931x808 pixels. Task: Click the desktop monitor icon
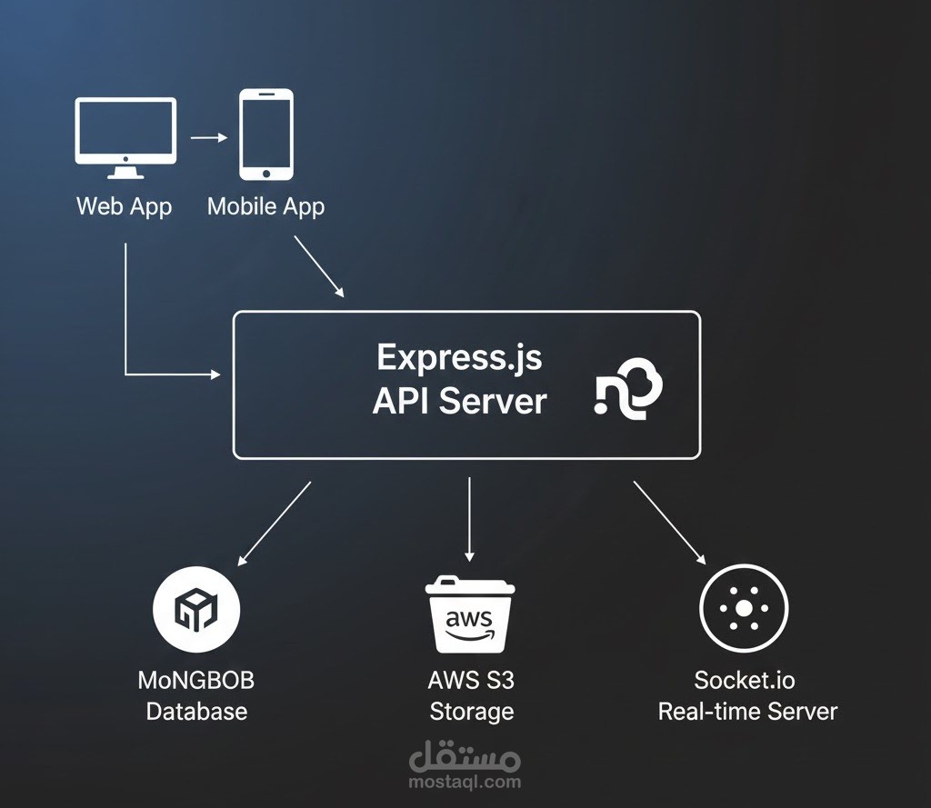tap(125, 137)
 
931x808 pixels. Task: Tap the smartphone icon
tap(265, 134)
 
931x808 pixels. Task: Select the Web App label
tap(124, 205)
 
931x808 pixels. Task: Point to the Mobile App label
tap(265, 205)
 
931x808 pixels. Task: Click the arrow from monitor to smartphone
tap(208, 138)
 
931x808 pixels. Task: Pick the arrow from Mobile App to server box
tap(318, 266)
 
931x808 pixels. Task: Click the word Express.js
tap(459, 356)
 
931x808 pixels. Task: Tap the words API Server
tap(459, 401)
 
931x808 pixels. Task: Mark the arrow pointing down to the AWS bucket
tap(469, 518)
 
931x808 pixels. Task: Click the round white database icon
tap(196, 608)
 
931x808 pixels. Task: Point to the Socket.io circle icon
tap(744, 608)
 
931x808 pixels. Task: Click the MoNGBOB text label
tap(196, 680)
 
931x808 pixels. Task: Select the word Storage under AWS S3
tap(471, 711)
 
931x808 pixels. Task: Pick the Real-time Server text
tap(747, 711)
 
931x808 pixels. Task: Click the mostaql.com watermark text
tap(465, 781)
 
